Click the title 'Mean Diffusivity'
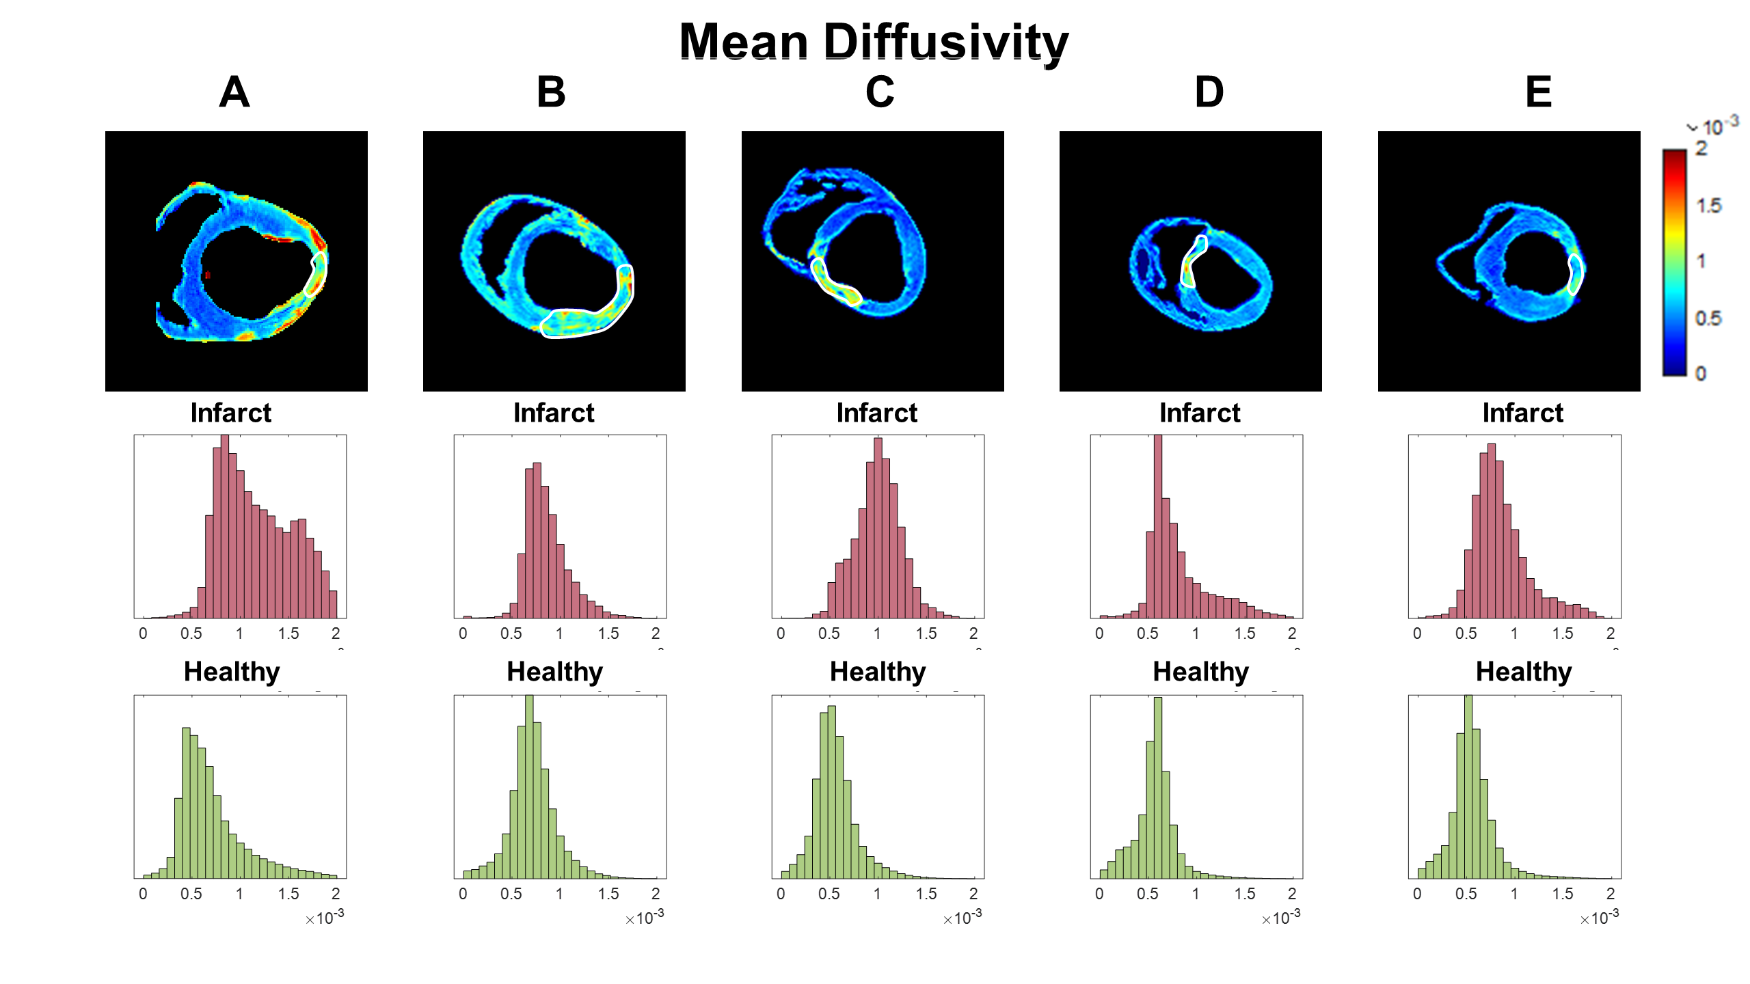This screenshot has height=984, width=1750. pyautogui.click(x=874, y=42)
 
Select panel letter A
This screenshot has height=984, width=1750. pyautogui.click(x=234, y=92)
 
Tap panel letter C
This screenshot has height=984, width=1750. pyautogui.click(x=880, y=92)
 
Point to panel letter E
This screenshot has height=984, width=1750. pyautogui.click(x=1538, y=92)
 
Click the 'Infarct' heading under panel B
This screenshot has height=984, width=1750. pyautogui.click(x=554, y=413)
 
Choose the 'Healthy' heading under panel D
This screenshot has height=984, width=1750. pyautogui.click(x=1200, y=672)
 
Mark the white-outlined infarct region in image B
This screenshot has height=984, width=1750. pyautogui.click(x=581, y=322)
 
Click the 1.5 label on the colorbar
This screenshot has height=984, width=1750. pyautogui.click(x=1709, y=206)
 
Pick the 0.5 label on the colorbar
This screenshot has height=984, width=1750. pyautogui.click(x=1708, y=318)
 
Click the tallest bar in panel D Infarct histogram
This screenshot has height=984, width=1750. pyautogui.click(x=1157, y=526)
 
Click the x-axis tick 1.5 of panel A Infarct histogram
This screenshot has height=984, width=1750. pyautogui.click(x=288, y=633)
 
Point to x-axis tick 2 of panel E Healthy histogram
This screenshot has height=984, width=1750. pyautogui.click(x=1611, y=894)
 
